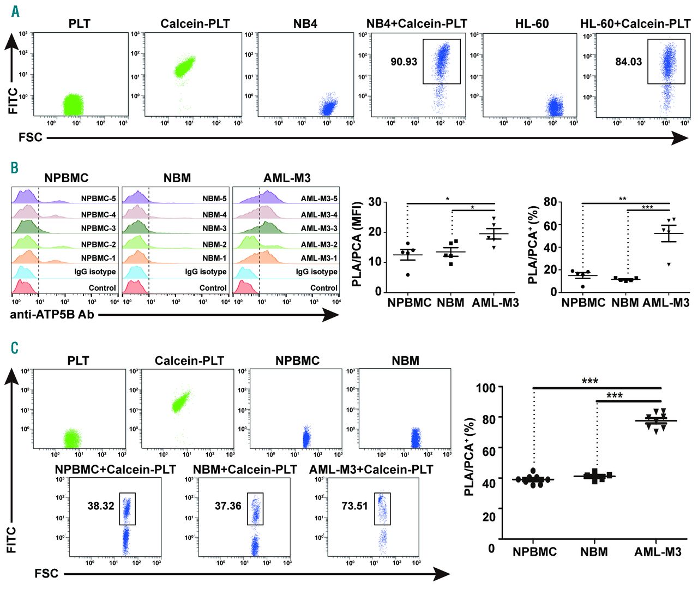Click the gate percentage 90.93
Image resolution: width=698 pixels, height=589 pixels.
(404, 62)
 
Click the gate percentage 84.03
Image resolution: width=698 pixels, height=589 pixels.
(628, 62)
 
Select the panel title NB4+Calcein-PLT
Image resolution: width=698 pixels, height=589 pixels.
(417, 24)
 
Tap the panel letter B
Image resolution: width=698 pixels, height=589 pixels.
(15, 167)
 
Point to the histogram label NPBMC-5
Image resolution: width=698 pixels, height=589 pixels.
(98, 199)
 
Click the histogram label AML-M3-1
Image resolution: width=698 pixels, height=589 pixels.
(319, 258)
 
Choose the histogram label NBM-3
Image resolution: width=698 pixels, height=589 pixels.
(214, 229)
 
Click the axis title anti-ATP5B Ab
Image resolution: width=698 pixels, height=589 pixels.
(52, 314)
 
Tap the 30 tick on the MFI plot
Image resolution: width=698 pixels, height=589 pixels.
(375, 202)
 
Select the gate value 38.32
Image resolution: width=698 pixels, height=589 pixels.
(101, 506)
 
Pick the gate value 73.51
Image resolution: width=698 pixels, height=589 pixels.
(354, 506)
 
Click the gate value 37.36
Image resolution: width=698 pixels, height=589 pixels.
(228, 506)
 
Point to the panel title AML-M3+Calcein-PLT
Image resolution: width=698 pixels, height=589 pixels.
(371, 470)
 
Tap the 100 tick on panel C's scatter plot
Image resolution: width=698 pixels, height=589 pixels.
(485, 388)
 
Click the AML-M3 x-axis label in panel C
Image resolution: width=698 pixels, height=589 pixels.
(658, 552)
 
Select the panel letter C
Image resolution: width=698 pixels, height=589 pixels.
(15, 348)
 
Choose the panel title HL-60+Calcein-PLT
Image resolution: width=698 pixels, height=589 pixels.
(635, 24)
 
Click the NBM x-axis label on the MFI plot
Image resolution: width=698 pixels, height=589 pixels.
(450, 303)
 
